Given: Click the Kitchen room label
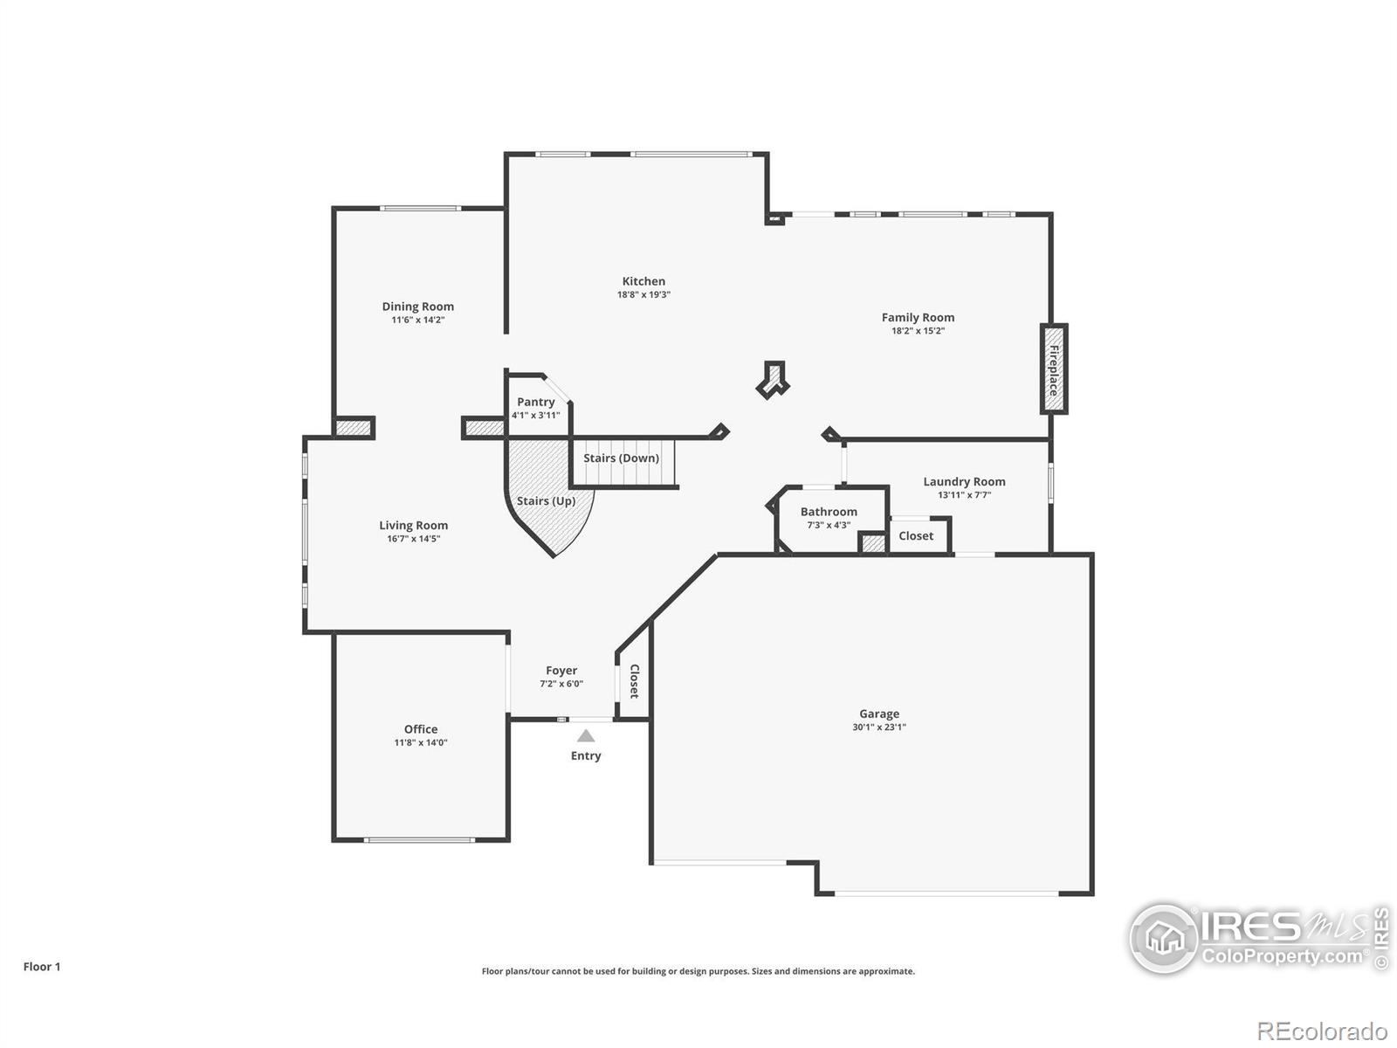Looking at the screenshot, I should [x=643, y=281].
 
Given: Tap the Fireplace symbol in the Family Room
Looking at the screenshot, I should [x=1054, y=369].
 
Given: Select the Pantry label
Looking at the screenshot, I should [x=535, y=402].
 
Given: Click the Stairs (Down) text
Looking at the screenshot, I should [x=621, y=458].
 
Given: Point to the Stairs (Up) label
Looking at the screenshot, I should [x=546, y=500].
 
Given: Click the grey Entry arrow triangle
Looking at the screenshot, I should [x=586, y=736].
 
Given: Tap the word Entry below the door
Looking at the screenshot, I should [x=586, y=755].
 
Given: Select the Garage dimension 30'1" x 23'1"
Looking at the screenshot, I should [x=879, y=727].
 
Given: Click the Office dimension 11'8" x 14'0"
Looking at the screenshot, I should [x=421, y=742].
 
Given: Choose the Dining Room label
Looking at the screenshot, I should [x=417, y=307].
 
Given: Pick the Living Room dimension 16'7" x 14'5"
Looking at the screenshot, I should [x=414, y=539].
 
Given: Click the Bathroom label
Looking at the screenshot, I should [x=829, y=512].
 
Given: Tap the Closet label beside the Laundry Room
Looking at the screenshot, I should [x=916, y=536].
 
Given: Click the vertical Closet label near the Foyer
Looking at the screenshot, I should [x=635, y=681].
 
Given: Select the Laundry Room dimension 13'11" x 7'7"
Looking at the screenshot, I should [x=964, y=495].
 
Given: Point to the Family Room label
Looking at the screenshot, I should [x=918, y=317].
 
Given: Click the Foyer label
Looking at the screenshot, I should [x=561, y=671].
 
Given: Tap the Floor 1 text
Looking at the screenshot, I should [x=42, y=967].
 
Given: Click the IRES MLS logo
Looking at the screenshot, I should [x=1257, y=939].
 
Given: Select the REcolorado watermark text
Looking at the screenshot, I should [x=1322, y=1031].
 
